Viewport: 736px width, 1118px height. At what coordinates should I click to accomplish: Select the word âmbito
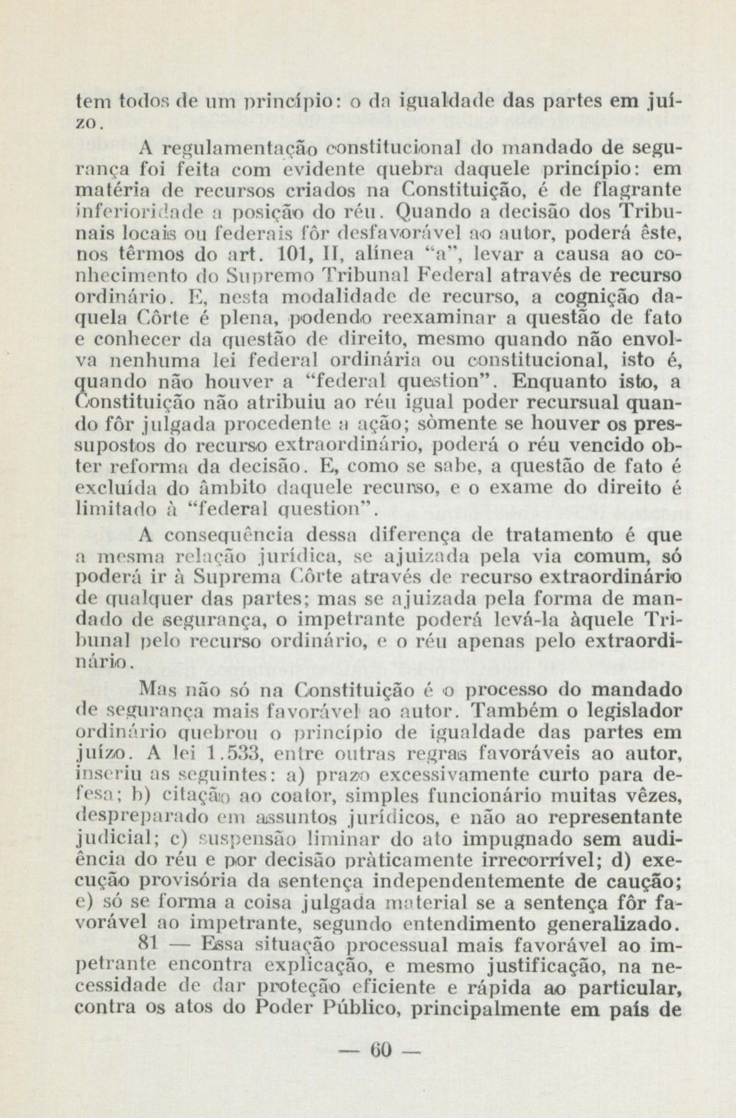(x=239, y=488)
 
